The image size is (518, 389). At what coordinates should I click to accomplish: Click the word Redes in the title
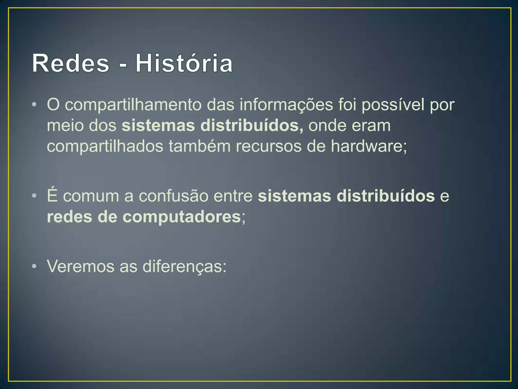[x=71, y=63]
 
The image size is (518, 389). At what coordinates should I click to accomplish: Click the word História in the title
[x=184, y=63]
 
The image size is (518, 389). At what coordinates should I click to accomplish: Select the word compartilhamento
[x=133, y=105]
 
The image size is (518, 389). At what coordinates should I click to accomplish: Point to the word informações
[x=286, y=105]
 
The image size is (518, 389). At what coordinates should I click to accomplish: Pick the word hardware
[x=367, y=146]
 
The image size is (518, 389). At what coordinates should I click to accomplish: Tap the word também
[x=200, y=146]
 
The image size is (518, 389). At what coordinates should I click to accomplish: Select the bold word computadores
[x=182, y=217]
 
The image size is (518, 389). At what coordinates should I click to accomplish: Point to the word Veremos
[x=80, y=266]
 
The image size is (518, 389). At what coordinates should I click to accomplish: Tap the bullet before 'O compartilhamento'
[x=35, y=105]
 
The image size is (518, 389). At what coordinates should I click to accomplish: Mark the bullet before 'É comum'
[x=35, y=196]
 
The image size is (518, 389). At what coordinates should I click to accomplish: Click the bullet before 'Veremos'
[x=35, y=266]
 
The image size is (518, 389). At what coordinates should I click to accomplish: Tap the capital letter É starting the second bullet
[x=52, y=195]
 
